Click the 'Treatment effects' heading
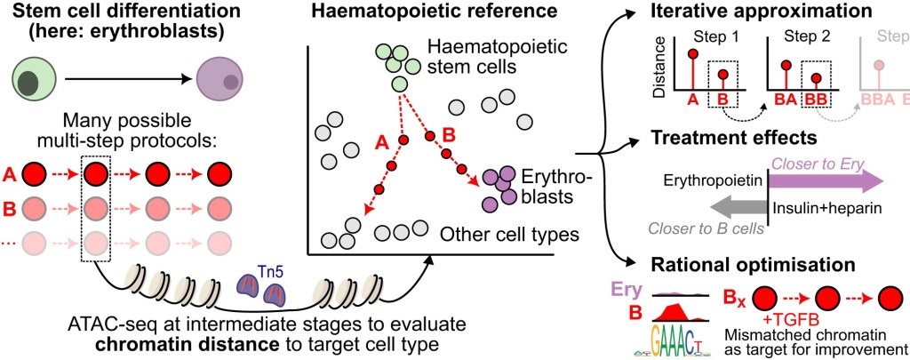tap(733, 138)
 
